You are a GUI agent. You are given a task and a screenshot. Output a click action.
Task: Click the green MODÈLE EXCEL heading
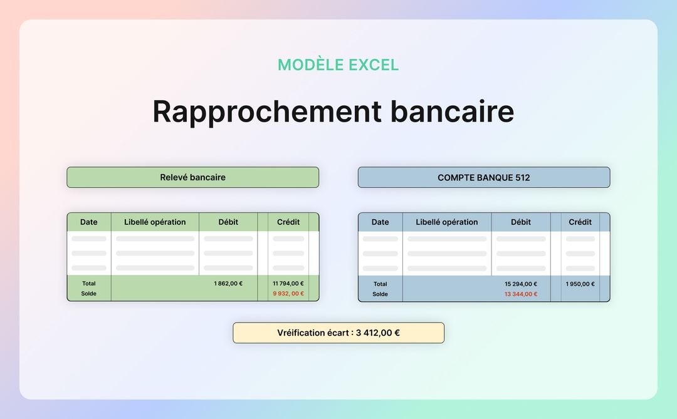coord(338,65)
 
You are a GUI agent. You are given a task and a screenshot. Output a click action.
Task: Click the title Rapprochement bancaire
coord(333,111)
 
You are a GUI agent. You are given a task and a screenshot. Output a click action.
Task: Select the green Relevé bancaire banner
coord(192,177)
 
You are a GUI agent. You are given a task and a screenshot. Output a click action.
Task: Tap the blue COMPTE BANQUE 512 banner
coord(483,177)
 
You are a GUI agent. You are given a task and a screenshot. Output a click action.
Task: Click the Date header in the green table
coord(89,222)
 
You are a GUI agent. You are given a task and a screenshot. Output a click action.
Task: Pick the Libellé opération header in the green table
coord(155,222)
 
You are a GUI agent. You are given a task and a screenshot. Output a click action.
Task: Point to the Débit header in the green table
coord(228,222)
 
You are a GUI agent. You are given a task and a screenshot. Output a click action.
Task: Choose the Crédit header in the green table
coord(288,222)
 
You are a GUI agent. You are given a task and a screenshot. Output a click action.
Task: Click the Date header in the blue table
coord(380,222)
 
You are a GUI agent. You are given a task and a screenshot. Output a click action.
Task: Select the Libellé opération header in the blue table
coord(446,222)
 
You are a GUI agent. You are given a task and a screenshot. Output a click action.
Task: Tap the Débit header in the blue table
coord(521,222)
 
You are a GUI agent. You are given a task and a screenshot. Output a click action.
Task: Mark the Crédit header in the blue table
coord(580,222)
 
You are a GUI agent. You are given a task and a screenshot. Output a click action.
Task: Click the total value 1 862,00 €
coord(228,284)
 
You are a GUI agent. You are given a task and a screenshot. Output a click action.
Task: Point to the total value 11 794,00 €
coord(288,284)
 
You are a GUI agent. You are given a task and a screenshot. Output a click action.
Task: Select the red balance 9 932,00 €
coord(288,294)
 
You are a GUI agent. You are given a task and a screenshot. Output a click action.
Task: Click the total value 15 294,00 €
coord(521,284)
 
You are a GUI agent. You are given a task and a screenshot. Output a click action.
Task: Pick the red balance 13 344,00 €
coord(521,294)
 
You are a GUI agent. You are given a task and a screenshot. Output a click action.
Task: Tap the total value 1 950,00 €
coord(580,284)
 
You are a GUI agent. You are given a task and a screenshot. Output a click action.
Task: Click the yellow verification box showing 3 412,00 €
coord(338,333)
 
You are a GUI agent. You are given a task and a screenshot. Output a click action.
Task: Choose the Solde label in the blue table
coord(380,294)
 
